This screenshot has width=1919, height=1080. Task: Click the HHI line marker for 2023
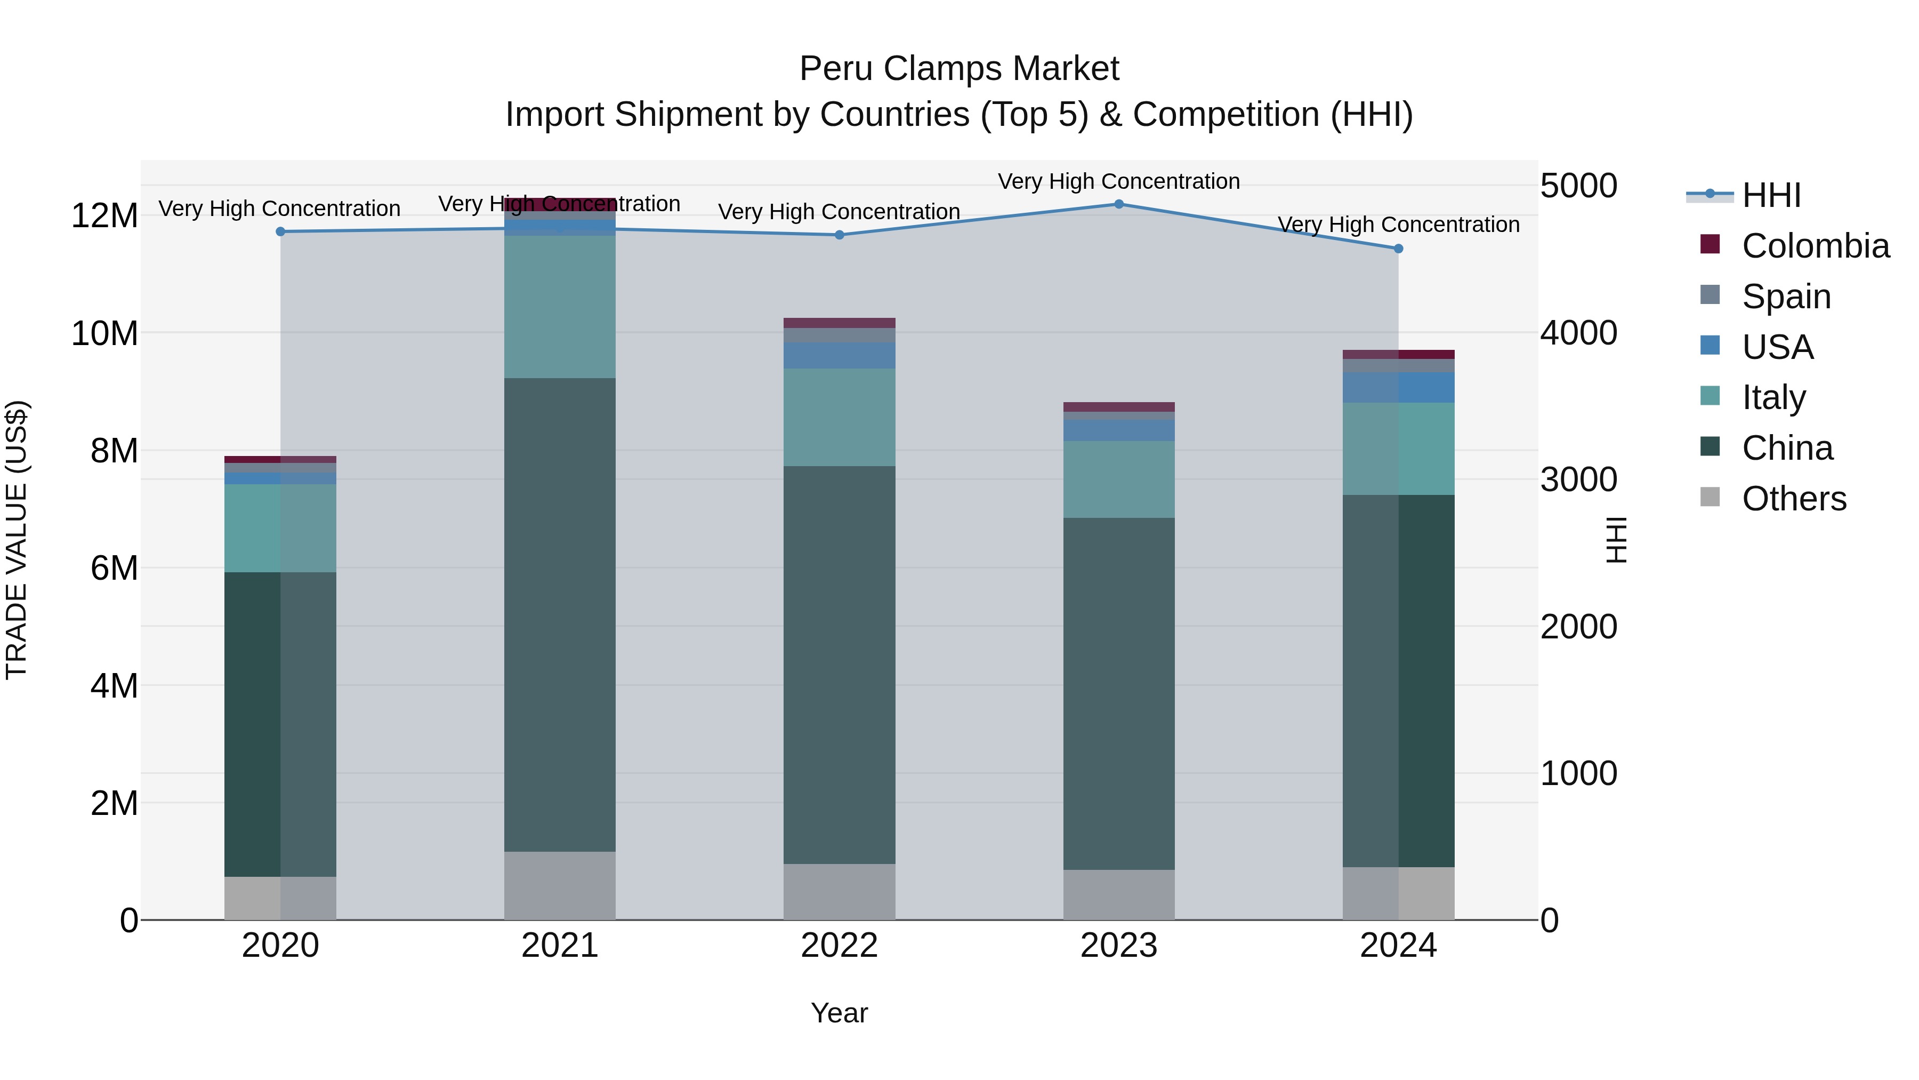pos(1118,204)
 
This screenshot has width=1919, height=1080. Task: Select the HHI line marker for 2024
pos(1398,249)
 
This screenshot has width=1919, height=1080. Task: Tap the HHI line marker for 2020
pos(280,232)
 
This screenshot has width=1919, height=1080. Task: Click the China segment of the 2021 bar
pos(560,614)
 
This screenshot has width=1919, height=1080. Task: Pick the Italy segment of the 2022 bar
pos(839,418)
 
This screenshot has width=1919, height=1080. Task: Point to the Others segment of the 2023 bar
pos(1118,894)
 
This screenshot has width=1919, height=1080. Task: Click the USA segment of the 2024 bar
pos(1398,388)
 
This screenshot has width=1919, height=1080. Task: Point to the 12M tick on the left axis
pos(104,216)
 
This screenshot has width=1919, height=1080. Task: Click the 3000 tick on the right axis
pos(1578,479)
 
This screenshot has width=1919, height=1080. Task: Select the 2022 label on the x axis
pos(839,946)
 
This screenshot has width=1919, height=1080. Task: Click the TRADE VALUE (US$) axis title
pos(17,540)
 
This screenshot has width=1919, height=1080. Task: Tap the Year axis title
pos(839,1013)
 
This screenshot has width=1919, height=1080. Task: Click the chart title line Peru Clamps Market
pos(959,69)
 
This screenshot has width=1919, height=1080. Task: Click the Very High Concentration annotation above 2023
pos(1118,181)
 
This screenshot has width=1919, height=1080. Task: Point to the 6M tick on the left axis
pos(113,568)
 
